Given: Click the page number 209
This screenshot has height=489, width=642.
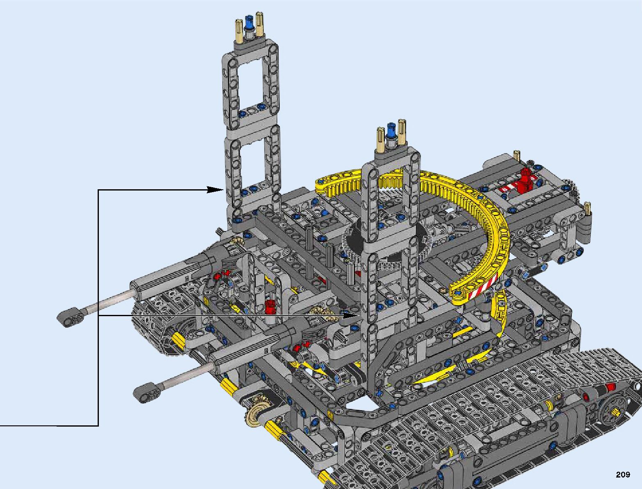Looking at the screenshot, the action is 623,474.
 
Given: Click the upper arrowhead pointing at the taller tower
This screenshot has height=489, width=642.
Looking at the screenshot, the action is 215,190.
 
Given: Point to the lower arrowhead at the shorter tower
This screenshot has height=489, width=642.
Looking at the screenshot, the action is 351,315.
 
